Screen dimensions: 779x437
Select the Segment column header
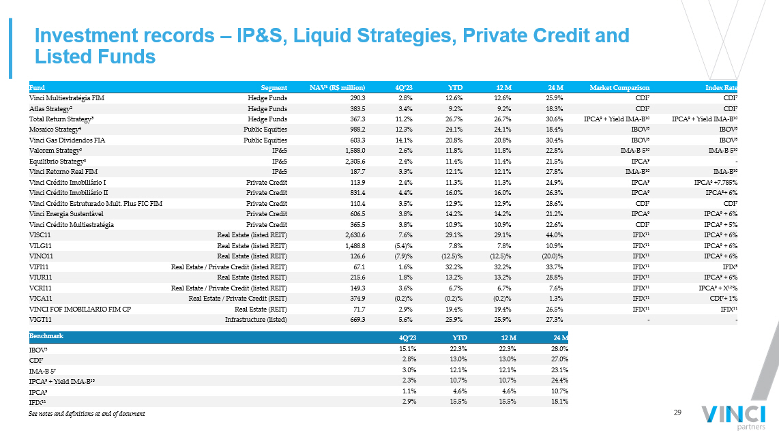[274, 88]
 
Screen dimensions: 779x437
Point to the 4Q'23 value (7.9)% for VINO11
[403, 256]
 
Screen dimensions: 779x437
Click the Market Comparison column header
[619, 88]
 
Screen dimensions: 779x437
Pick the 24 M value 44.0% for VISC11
[555, 235]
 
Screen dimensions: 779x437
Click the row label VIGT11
[40, 320]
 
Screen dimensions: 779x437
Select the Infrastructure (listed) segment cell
[256, 320]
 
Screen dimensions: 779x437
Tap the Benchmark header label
[46, 336]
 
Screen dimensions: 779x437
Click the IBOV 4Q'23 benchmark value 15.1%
[408, 348]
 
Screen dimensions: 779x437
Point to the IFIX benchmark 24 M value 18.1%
[559, 402]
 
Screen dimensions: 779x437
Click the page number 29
[677, 412]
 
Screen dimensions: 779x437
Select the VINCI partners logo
[734, 417]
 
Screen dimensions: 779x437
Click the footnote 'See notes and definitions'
[87, 414]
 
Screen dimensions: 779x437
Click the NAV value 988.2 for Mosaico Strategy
[357, 130]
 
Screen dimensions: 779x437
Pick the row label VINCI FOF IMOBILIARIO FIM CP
[80, 310]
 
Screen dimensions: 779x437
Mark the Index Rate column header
[722, 88]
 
